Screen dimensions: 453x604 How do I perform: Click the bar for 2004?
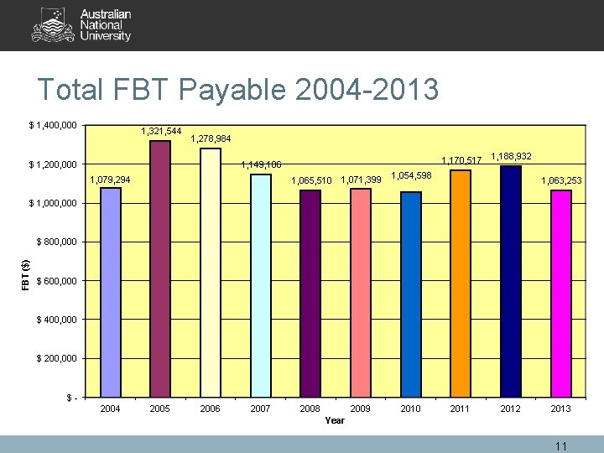pos(110,291)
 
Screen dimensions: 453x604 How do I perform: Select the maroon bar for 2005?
pos(160,268)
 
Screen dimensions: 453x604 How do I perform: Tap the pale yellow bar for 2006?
pos(211,272)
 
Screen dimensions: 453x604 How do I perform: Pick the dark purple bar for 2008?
pos(310,293)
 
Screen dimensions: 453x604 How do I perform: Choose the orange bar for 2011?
pos(461,283)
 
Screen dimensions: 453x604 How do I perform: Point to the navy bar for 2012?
pos(510,280)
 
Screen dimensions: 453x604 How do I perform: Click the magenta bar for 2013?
pos(561,293)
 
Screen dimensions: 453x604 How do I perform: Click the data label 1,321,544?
pos(162,131)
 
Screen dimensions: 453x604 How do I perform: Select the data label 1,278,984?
pos(211,138)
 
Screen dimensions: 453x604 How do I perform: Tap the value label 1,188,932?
pos(511,156)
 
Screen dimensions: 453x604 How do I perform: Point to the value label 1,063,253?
pos(561,180)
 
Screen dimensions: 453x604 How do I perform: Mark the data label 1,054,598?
pos(411,175)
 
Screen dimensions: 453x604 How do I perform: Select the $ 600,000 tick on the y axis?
pos(57,281)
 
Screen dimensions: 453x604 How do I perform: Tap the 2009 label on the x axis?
pos(360,409)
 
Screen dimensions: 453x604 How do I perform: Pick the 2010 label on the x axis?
pos(410,409)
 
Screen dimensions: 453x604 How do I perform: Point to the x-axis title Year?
pos(335,420)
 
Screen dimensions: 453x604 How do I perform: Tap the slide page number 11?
pos(561,445)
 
